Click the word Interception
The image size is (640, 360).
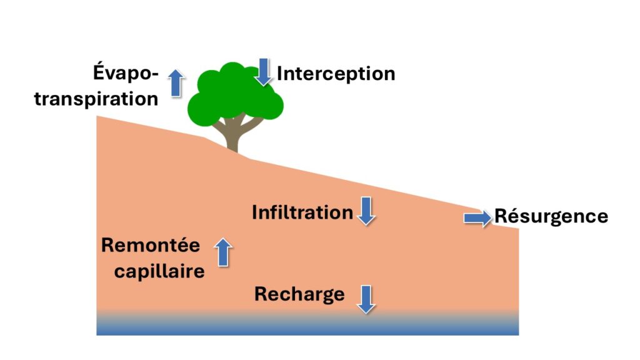pyautogui.click(x=336, y=74)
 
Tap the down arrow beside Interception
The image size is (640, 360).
pyautogui.click(x=263, y=71)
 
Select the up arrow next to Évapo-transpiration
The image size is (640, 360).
pyautogui.click(x=176, y=83)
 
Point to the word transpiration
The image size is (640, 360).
pyautogui.click(x=96, y=99)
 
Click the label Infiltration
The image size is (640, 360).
pyautogui.click(x=302, y=212)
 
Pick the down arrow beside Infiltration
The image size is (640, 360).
pyautogui.click(x=366, y=211)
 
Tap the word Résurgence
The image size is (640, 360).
pyautogui.click(x=551, y=216)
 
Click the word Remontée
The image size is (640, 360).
pyautogui.click(x=151, y=246)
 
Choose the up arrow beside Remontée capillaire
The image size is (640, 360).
pyautogui.click(x=223, y=252)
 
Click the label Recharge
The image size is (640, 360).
pyautogui.click(x=299, y=294)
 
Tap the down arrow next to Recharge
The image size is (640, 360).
pyautogui.click(x=366, y=299)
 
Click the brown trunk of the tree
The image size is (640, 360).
pyautogui.click(x=232, y=141)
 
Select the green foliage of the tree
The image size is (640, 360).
pyautogui.click(x=232, y=94)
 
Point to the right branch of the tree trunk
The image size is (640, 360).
pyautogui.click(x=250, y=124)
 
